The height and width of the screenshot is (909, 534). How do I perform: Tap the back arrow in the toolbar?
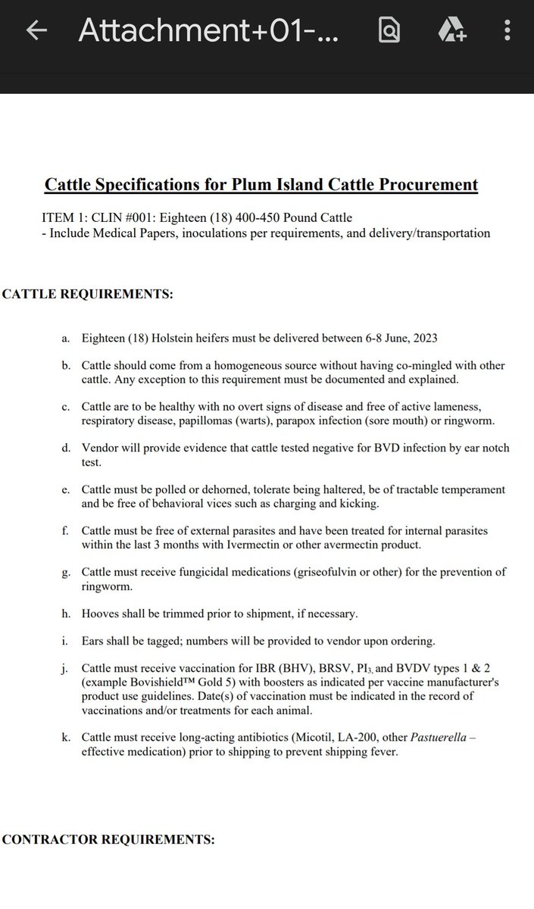pyautogui.click(x=36, y=31)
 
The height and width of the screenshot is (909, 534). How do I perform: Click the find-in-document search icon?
pyautogui.click(x=390, y=31)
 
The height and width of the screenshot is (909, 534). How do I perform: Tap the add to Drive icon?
pyautogui.click(x=452, y=31)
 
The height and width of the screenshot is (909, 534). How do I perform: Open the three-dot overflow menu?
pyautogui.click(x=506, y=31)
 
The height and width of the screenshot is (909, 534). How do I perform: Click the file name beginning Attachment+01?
pyautogui.click(x=208, y=31)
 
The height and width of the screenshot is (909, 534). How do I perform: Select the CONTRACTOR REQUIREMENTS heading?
pyautogui.click(x=108, y=839)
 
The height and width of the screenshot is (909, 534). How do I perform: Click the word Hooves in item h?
pyautogui.click(x=101, y=614)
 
